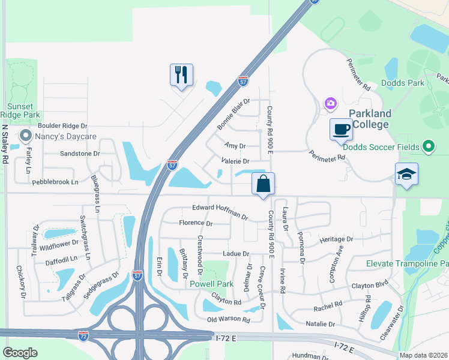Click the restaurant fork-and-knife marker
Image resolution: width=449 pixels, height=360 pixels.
coord(181,75)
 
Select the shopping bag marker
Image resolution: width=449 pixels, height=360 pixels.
coord(263,184)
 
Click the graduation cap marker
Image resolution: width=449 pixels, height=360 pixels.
coord(406,175)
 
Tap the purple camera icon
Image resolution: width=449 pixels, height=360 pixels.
coord(330,104)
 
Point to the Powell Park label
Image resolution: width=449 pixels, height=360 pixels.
coord(211,284)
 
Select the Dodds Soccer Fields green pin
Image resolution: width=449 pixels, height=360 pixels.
coord(428,146)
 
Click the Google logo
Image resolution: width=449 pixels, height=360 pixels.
coord(20,352)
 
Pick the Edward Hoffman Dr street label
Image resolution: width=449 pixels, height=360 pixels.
coord(220,211)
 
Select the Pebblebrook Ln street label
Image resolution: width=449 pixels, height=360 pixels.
coord(55,181)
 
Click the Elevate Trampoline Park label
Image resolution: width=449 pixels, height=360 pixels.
coord(408,263)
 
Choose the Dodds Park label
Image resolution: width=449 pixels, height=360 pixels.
coord(403,83)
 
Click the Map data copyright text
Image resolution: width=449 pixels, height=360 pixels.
coord(424,355)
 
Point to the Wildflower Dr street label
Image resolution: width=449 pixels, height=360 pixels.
coord(59,244)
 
